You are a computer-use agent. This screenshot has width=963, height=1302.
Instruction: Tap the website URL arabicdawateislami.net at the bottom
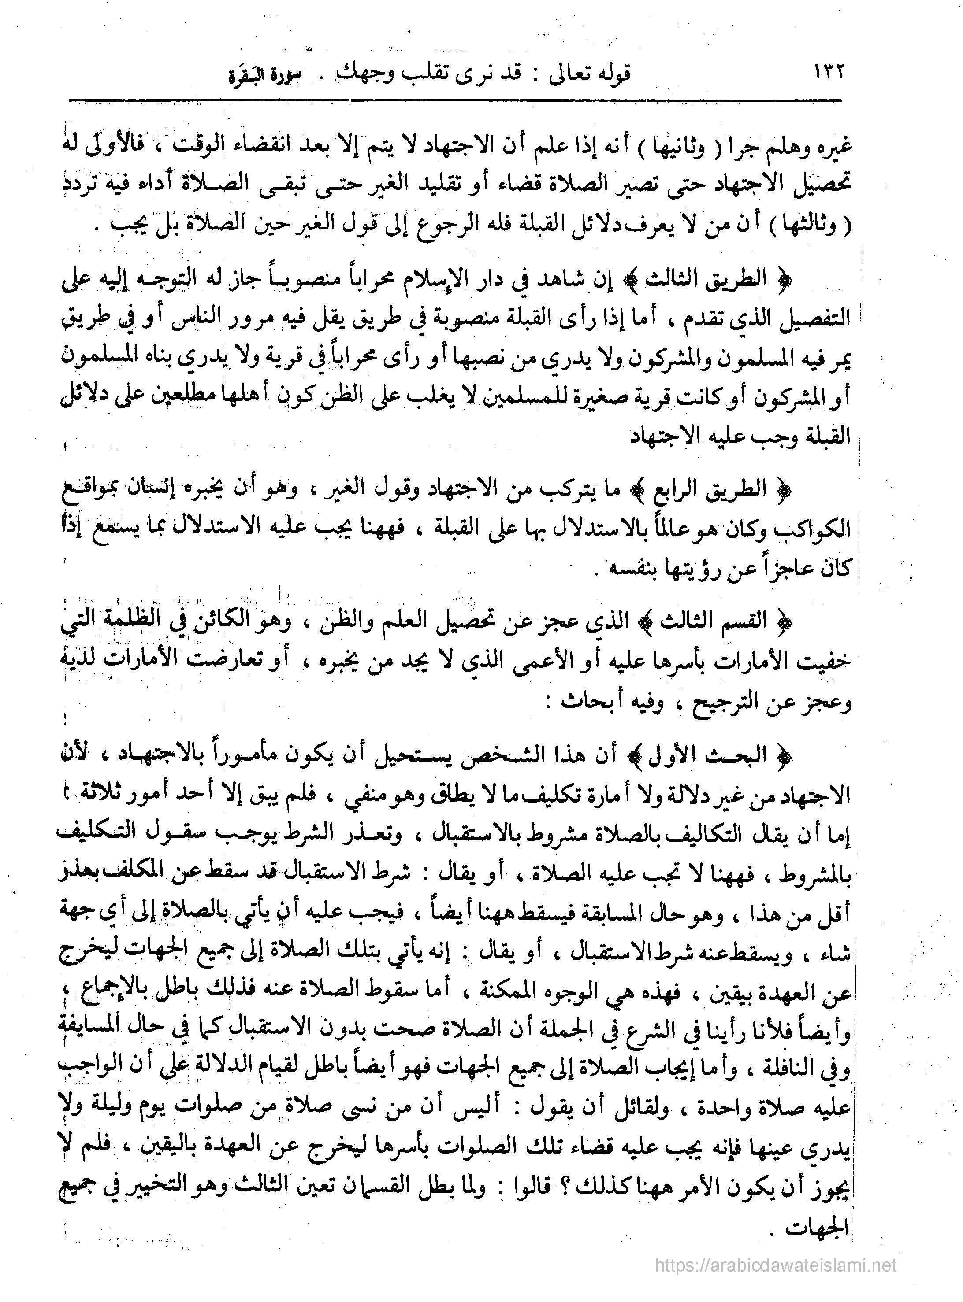pyautogui.click(x=775, y=1265)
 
